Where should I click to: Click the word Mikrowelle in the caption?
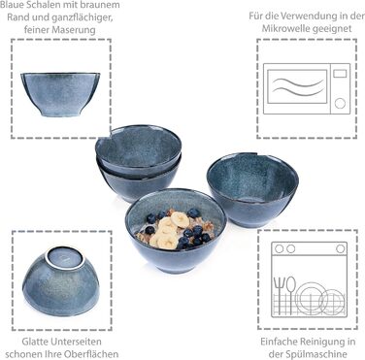pos(282,28)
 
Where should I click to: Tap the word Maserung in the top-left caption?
pos(78,30)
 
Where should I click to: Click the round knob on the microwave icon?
pos(340,104)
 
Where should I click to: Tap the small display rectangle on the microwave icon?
pos(340,74)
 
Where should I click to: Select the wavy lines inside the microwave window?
pos(298,87)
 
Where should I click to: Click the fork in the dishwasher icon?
pos(278,295)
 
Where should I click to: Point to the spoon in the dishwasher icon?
pos(291,294)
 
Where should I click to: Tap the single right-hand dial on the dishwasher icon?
pos(340,248)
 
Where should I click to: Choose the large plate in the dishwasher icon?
pos(310,298)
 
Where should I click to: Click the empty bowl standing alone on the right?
pos(252,190)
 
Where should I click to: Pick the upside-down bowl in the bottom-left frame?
pos(60,281)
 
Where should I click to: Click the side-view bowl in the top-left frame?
pos(60,94)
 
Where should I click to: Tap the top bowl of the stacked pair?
pos(139,149)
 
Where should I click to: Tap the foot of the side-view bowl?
pos(60,114)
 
